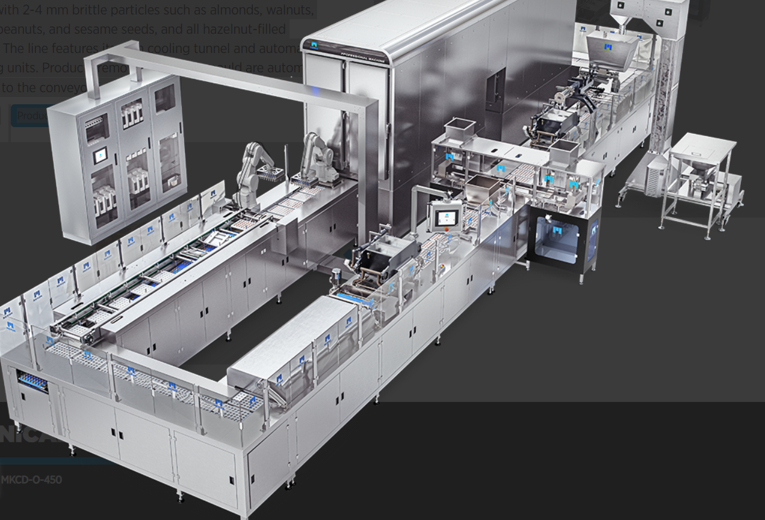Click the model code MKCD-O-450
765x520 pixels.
pyautogui.click(x=31, y=480)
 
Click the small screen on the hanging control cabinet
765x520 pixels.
pyautogui.click(x=101, y=155)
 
